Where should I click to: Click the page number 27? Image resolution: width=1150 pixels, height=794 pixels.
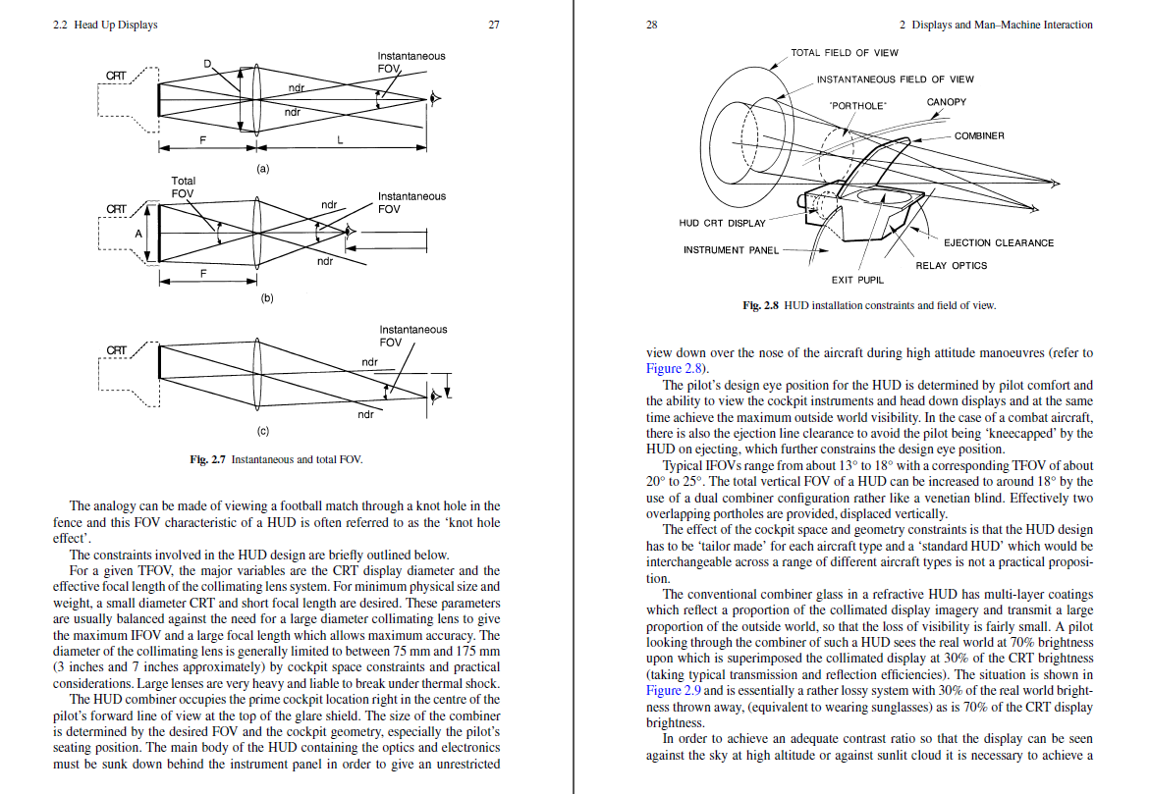[494, 25]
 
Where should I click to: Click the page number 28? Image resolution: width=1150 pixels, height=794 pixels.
[652, 25]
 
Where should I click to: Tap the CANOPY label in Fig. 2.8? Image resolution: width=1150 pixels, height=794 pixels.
[946, 102]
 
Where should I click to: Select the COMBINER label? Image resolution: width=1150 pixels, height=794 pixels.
[979, 135]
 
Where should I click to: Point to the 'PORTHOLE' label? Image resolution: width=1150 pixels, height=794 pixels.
[857, 106]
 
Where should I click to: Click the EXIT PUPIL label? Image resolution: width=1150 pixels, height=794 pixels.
[857, 280]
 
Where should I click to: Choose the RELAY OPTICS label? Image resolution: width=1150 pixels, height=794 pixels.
[952, 265]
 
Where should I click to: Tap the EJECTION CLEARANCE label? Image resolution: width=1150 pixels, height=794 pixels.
[998, 242]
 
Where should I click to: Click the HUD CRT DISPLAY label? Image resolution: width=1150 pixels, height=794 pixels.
[722, 223]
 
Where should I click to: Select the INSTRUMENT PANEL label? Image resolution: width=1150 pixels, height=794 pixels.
[731, 250]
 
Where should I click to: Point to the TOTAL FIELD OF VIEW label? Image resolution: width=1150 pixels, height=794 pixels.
[845, 53]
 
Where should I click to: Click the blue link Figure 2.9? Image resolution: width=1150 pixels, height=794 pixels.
[674, 691]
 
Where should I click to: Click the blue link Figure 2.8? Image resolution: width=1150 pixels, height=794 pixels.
[674, 369]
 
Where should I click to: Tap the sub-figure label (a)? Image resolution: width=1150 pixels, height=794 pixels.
[262, 169]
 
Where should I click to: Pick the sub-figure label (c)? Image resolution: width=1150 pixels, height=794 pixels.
[262, 431]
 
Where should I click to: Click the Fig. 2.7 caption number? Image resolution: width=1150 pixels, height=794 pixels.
[207, 459]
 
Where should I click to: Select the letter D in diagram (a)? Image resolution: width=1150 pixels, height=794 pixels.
[207, 64]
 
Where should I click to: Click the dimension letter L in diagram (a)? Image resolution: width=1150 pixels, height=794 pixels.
[340, 139]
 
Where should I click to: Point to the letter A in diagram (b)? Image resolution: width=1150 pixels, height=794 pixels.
[137, 234]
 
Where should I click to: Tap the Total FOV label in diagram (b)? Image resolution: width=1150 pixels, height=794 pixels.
[183, 186]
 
